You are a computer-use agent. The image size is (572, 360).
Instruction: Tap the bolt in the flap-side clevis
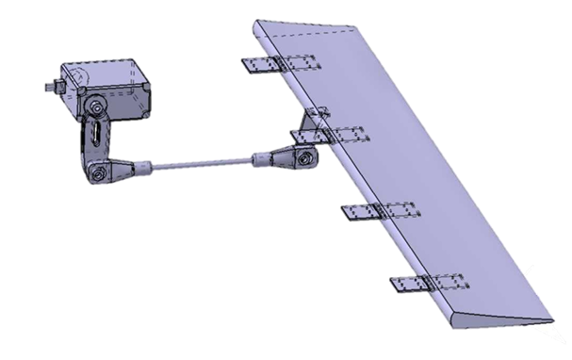click(302, 157)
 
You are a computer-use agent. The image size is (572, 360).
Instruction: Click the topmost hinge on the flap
click(281, 65)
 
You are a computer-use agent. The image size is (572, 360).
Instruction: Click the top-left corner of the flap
click(257, 21)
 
